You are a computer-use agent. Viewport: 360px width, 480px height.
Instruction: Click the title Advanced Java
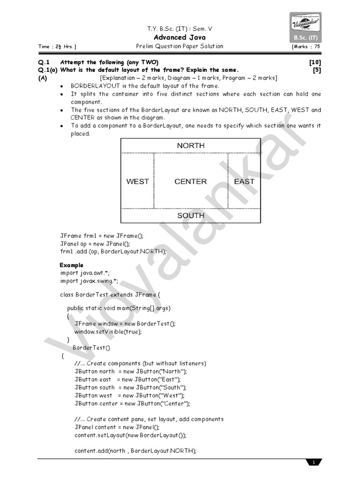[180, 37]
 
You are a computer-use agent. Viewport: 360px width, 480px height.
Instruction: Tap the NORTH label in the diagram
[190, 146]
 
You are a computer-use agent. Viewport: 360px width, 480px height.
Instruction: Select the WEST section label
[137, 181]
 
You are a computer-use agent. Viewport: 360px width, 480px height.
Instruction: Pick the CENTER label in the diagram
[190, 181]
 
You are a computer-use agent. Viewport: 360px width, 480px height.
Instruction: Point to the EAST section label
[244, 181]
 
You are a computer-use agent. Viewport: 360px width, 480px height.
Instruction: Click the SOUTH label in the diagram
[190, 216]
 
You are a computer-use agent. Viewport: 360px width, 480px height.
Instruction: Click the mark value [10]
[315, 62]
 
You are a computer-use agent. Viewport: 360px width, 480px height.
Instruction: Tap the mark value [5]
[317, 70]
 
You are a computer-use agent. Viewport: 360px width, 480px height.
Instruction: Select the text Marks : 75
[307, 47]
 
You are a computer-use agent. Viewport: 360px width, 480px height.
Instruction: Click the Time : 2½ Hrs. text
[57, 47]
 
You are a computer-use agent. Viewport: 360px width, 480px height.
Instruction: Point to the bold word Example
[71, 265]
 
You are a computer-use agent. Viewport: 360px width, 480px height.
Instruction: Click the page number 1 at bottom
[314, 463]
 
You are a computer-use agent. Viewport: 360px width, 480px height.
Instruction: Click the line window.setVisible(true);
[107, 331]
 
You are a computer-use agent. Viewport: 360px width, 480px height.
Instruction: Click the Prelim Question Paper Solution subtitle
[180, 46]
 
